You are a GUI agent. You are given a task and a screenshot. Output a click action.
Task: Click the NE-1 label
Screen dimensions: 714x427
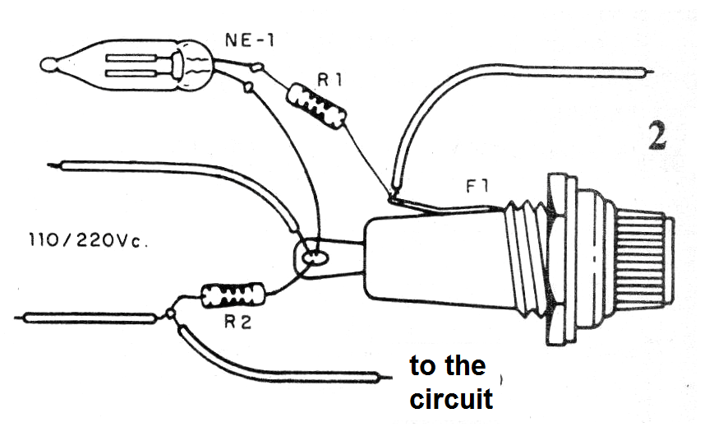tap(250, 40)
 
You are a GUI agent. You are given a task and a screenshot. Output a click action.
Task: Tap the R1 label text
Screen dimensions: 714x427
tap(329, 81)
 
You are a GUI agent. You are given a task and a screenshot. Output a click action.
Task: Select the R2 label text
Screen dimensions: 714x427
tap(237, 323)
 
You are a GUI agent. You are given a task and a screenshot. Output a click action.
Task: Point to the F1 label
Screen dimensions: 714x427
tap(477, 186)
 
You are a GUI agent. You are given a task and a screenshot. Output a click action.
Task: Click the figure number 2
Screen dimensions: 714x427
tap(657, 137)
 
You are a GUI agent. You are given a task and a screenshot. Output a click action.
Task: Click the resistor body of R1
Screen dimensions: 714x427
tap(316, 106)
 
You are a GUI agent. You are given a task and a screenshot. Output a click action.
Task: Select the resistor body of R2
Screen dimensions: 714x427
tap(233, 295)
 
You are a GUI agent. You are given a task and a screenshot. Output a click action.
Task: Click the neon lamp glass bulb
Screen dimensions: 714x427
tap(127, 65)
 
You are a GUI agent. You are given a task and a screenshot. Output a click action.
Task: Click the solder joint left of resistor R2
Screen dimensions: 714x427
tap(170, 313)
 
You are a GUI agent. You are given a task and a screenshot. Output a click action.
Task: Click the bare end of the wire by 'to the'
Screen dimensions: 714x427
tap(386, 378)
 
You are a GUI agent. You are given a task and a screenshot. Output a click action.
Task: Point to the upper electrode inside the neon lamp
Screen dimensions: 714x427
tap(132, 58)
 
